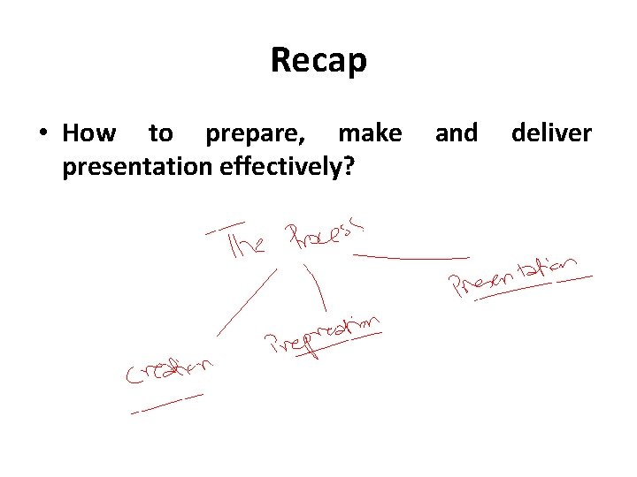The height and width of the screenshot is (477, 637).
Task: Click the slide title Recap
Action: point(318,61)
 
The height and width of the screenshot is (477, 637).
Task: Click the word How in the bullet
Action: point(88,133)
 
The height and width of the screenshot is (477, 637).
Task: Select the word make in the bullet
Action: point(370,133)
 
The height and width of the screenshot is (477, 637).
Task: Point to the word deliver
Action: point(551,133)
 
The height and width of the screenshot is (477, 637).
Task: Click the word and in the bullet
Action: point(456,133)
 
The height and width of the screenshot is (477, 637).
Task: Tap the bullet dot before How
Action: point(42,134)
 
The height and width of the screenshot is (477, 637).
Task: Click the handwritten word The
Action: point(246,243)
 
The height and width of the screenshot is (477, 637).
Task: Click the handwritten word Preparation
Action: point(323,337)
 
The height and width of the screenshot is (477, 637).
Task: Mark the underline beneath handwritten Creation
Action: point(166,403)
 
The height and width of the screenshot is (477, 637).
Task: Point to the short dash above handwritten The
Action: point(226,228)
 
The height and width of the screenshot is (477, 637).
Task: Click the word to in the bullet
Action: point(160,133)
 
